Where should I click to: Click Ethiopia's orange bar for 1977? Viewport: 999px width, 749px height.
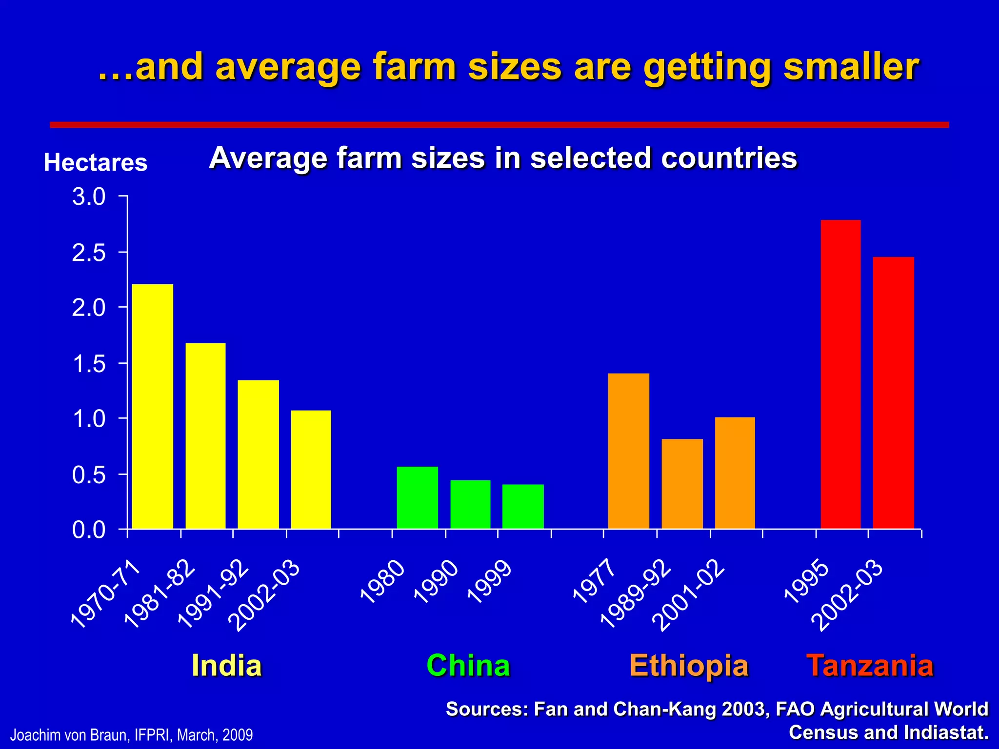[x=629, y=451]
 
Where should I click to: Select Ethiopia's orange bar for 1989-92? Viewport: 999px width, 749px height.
[x=682, y=484]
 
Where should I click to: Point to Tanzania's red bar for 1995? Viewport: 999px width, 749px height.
[x=840, y=374]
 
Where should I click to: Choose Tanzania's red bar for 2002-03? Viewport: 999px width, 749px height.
[x=893, y=393]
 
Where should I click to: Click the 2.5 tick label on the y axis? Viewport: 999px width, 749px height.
[x=89, y=253]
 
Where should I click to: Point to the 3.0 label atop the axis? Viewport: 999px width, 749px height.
[x=89, y=197]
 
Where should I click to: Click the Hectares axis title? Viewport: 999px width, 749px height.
[x=96, y=162]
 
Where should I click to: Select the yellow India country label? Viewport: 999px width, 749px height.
[x=227, y=665]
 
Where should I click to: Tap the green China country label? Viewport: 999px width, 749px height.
[x=468, y=665]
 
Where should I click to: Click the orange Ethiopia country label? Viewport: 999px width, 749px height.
[x=689, y=665]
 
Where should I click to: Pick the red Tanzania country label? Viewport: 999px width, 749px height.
[x=870, y=665]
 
